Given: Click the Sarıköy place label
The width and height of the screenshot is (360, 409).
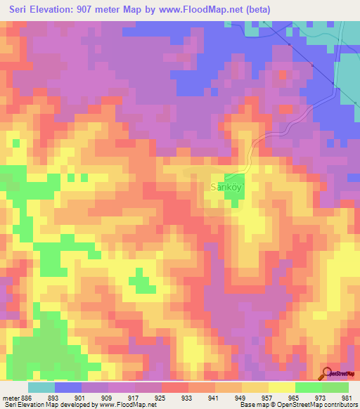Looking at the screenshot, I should pos(227,188).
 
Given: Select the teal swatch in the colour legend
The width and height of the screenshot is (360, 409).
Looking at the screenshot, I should pos(41,387).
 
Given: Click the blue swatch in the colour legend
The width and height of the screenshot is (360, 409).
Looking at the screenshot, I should pos(68,387).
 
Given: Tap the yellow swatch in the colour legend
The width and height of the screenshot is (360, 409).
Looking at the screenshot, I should pos(282,387).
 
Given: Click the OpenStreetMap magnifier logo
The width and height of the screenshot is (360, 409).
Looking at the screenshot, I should pos(326,373).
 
